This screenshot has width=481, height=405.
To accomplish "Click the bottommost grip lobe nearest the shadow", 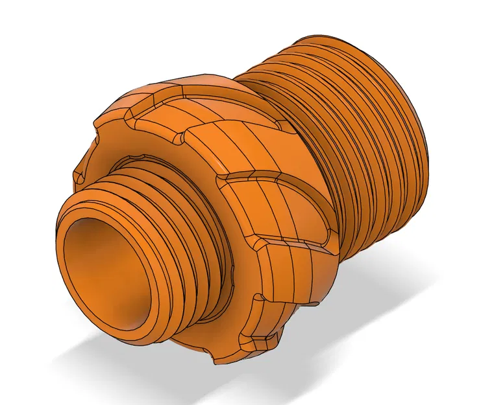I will (260, 337).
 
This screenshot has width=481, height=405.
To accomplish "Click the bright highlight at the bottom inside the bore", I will (130, 318).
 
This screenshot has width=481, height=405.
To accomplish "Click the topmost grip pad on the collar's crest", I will (195, 91).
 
